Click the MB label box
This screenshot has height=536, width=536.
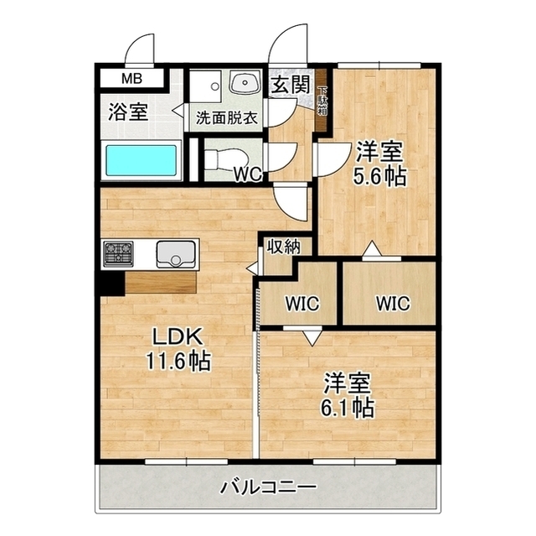click(132, 80)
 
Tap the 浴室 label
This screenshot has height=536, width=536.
click(129, 113)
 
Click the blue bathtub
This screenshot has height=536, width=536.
click(141, 159)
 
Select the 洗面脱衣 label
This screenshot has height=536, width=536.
click(226, 118)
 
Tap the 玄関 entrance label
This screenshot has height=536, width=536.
click(290, 85)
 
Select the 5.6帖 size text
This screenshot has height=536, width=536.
click(380, 177)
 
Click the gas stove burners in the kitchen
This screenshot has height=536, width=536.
click(118, 252)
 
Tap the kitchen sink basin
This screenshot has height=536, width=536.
click(175, 252)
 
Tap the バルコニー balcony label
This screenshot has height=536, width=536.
click(268, 487)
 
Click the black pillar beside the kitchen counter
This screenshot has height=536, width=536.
click(109, 283)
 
